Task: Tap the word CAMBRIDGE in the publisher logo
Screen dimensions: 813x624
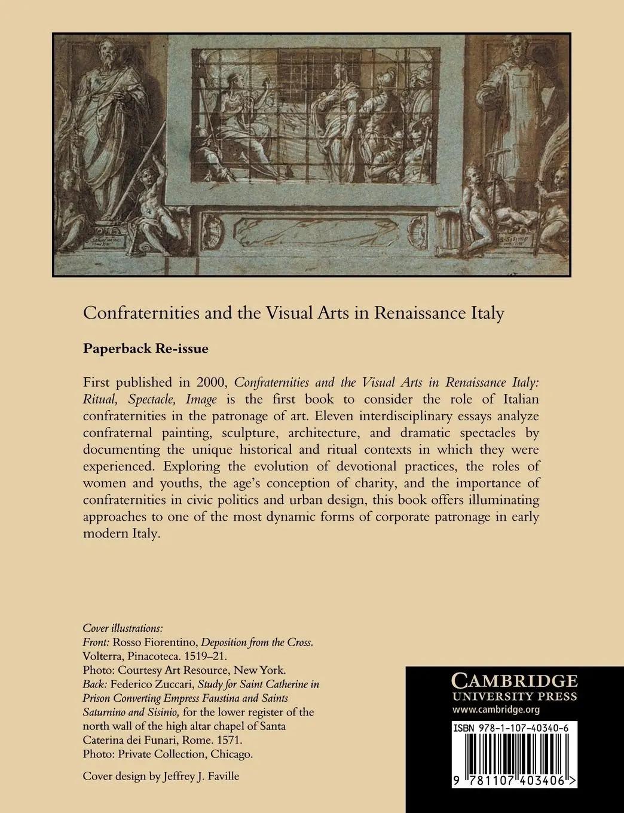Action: (x=514, y=681)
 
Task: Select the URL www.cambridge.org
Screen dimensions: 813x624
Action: (x=497, y=710)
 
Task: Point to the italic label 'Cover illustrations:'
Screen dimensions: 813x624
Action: (x=122, y=629)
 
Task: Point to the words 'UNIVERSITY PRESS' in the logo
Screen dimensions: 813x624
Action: (x=514, y=696)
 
